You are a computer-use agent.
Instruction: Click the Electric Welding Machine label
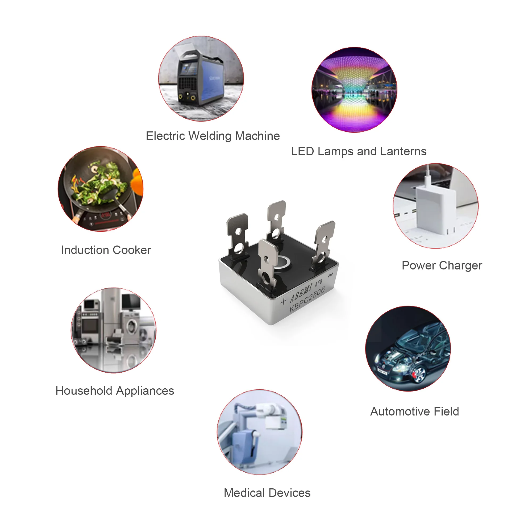213,136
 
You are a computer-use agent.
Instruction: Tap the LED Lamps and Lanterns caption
359,151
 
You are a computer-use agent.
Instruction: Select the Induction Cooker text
106,250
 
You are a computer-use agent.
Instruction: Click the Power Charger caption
442,265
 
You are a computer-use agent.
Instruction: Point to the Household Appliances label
115,391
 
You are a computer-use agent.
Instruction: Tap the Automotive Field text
414,412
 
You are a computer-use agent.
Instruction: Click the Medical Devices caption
267,493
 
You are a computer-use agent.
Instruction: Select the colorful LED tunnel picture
354,90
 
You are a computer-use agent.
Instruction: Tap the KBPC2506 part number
307,299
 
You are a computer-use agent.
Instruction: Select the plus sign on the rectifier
283,302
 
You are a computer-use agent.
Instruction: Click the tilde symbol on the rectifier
330,275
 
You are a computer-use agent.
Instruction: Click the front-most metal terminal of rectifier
267,264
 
